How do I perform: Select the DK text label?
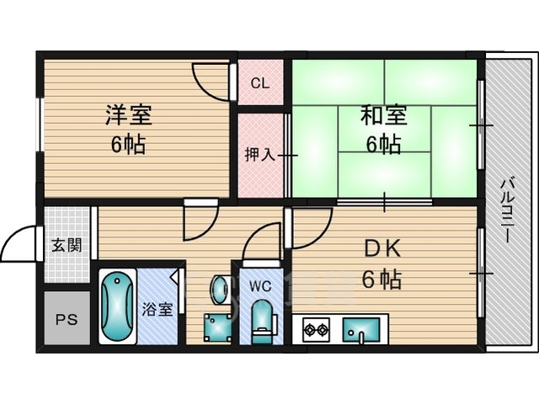click(382, 248)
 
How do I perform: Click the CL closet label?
click(259, 84)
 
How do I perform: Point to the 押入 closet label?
click(259, 155)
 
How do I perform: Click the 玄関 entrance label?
click(66, 246)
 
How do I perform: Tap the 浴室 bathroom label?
click(157, 308)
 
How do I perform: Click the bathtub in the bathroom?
click(118, 307)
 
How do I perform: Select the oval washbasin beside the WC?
click(219, 290)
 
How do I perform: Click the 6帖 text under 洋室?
click(128, 145)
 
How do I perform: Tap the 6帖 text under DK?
click(382, 279)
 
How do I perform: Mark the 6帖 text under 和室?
click(382, 145)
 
